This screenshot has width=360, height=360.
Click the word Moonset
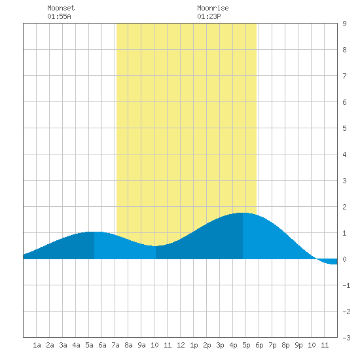(61, 8)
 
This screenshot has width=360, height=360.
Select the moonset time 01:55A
(59, 16)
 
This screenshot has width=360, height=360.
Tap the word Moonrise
(213, 8)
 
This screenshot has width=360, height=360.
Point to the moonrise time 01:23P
(209, 16)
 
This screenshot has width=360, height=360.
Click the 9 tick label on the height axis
(344, 24)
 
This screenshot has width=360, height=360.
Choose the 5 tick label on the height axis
(344, 128)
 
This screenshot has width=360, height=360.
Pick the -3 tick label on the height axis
(346, 338)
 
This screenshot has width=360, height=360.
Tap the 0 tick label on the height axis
(344, 259)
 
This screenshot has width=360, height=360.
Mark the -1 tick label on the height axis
(346, 285)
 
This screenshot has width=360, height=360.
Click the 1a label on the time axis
(37, 345)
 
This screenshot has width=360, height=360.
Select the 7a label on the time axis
(115, 345)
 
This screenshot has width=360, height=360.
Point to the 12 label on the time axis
(181, 345)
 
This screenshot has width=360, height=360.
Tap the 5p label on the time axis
(246, 345)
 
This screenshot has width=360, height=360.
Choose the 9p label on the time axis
(298, 345)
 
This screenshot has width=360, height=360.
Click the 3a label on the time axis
(63, 345)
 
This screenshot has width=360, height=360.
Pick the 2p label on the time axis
(207, 345)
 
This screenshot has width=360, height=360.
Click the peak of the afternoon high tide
(243, 213)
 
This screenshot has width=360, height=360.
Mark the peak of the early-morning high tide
(94, 232)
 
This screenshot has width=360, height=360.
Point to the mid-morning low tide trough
(156, 246)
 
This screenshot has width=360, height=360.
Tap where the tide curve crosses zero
(316, 259)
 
